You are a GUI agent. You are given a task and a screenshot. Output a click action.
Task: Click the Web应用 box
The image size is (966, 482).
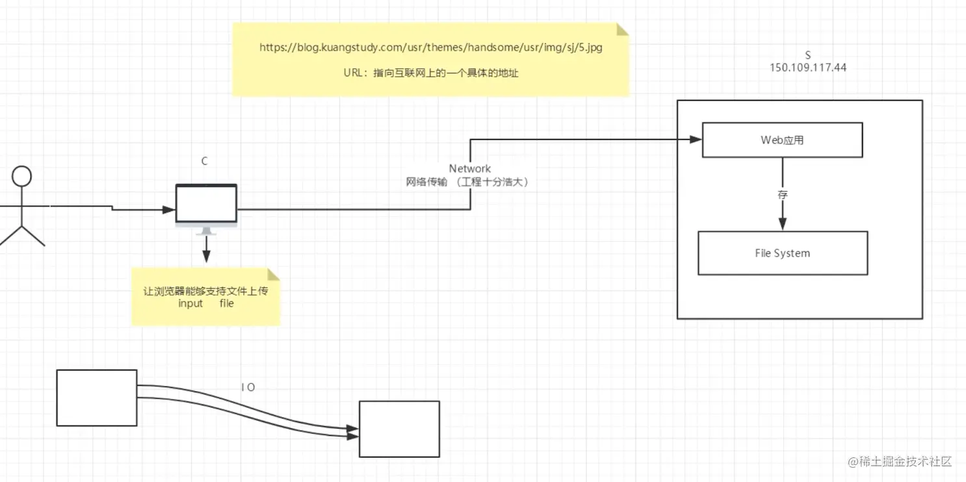pyautogui.click(x=782, y=140)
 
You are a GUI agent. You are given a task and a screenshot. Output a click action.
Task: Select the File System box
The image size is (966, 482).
pyautogui.click(x=782, y=253)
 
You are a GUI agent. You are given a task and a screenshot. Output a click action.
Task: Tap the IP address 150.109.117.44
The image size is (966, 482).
pyautogui.click(x=808, y=68)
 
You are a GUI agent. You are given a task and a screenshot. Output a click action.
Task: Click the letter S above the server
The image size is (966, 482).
pyautogui.click(x=808, y=55)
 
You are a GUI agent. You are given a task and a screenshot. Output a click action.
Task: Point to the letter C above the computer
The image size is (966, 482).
pyautogui.click(x=205, y=162)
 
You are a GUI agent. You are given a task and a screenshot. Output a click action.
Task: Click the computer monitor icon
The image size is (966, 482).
pyautogui.click(x=206, y=205)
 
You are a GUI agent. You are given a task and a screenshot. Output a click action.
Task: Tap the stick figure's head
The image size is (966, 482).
pyautogui.click(x=23, y=175)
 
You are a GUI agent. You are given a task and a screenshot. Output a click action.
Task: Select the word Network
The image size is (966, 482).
pyautogui.click(x=469, y=169)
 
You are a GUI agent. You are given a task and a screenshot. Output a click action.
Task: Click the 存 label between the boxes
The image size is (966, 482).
pyautogui.click(x=783, y=194)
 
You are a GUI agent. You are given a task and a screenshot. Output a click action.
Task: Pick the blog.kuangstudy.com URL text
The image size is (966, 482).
pyautogui.click(x=430, y=47)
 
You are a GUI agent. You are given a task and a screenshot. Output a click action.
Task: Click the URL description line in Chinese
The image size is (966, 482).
pyautogui.click(x=430, y=73)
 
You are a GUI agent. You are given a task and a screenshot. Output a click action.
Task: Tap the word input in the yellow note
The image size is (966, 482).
pyautogui.click(x=190, y=303)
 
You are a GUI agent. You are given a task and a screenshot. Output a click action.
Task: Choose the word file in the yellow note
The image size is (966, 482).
pyautogui.click(x=226, y=303)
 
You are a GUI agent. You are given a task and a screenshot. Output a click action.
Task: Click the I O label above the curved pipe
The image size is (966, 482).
pyautogui.click(x=248, y=387)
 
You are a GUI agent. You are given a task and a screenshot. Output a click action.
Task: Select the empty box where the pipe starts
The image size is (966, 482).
pyautogui.click(x=97, y=398)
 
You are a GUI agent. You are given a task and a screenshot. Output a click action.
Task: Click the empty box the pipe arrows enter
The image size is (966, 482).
pyautogui.click(x=399, y=429)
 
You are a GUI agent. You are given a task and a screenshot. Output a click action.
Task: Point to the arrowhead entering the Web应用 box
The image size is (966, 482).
pyautogui.click(x=696, y=139)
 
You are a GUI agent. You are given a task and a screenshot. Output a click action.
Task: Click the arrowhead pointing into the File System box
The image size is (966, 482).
pyautogui.click(x=783, y=225)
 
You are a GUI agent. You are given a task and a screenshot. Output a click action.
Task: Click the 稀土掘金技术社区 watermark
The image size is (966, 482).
pyautogui.click(x=900, y=462)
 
